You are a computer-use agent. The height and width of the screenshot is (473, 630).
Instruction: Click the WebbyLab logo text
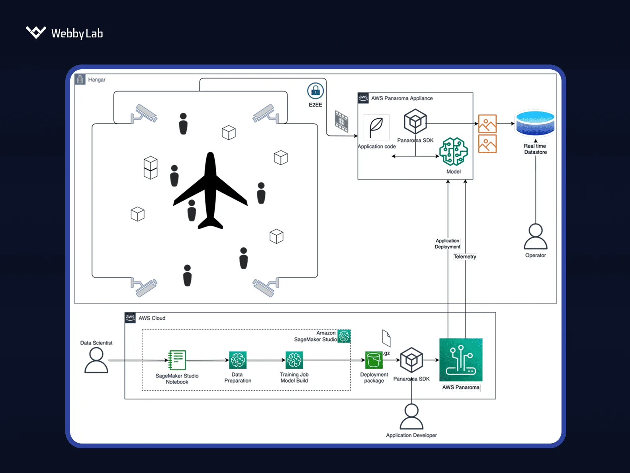tap(77, 33)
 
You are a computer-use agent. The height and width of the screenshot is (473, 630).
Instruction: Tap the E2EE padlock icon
tap(315, 91)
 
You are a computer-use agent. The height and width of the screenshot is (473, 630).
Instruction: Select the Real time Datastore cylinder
tap(535, 123)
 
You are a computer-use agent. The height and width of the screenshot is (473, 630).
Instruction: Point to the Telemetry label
tap(465, 257)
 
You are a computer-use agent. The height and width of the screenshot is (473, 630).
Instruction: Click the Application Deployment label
tap(447, 244)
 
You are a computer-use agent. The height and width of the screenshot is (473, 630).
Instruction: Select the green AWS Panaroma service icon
tap(461, 360)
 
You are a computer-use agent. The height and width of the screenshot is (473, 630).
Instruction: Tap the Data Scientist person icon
tap(96, 360)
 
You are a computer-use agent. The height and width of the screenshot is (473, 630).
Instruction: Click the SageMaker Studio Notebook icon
tap(177, 360)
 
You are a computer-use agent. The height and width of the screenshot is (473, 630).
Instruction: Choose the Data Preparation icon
tap(238, 360)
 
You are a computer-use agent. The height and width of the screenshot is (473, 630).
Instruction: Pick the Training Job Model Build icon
tap(294, 360)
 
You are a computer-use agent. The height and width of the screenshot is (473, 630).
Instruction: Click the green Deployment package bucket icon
tap(374, 360)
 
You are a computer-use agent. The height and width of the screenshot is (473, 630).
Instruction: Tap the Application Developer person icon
tap(411, 416)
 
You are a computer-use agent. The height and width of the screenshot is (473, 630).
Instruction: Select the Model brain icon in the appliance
tap(454, 152)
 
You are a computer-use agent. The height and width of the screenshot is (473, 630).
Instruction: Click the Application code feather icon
tap(376, 127)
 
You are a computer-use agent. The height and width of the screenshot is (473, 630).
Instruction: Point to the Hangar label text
tap(97, 80)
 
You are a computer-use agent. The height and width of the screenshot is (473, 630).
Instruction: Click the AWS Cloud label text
tap(152, 318)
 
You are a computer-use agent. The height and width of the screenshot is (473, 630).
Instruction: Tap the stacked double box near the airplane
tap(151, 168)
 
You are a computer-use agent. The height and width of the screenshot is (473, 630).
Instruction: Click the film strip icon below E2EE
tap(342, 121)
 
